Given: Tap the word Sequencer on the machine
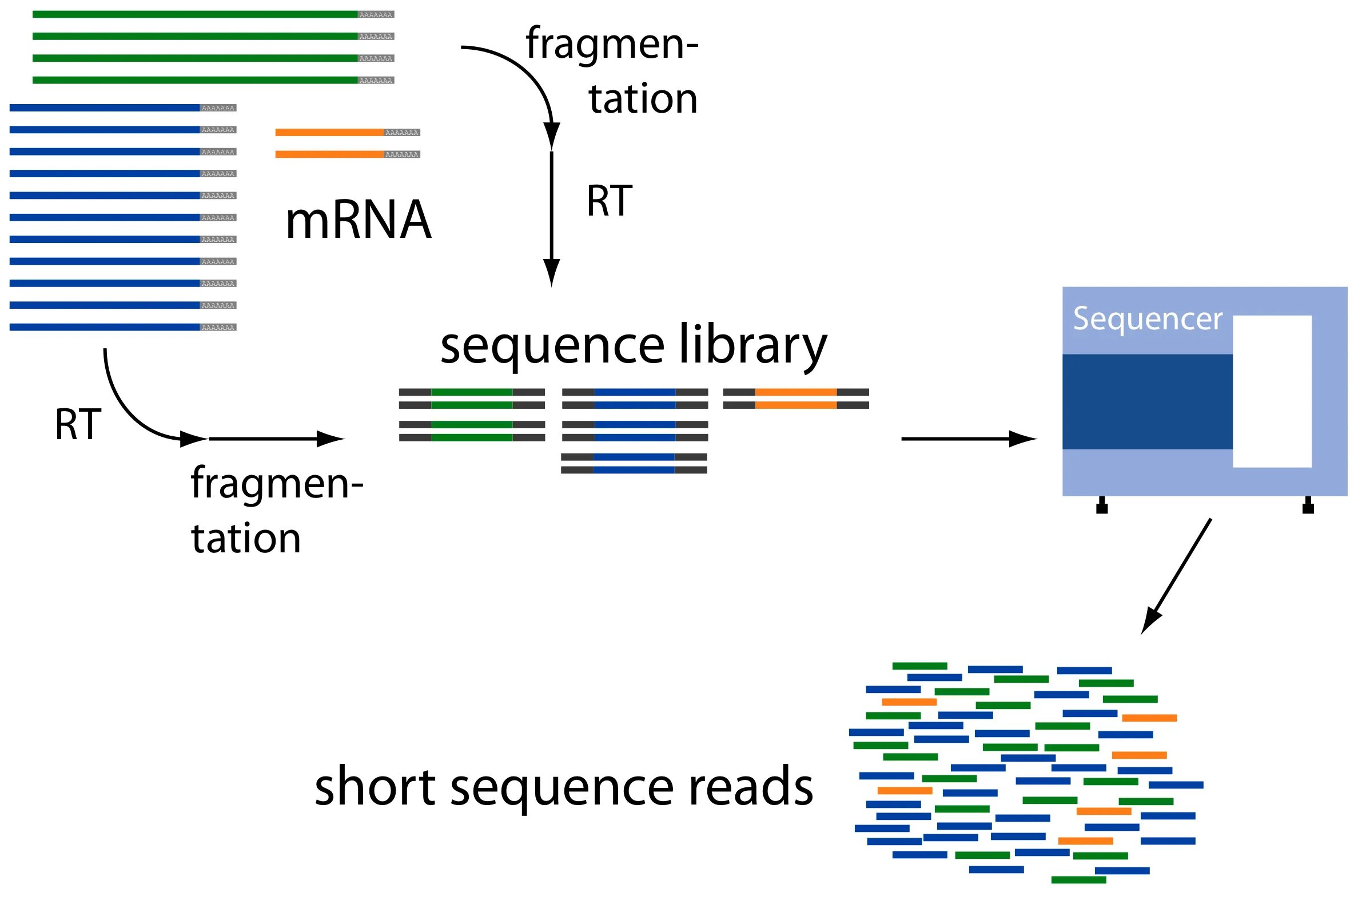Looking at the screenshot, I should pyautogui.click(x=1147, y=319).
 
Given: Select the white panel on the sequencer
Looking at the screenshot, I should pyautogui.click(x=1272, y=391).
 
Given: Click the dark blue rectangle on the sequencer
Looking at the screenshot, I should pyautogui.click(x=1146, y=401).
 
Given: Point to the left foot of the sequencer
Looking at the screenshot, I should pyautogui.click(x=1101, y=505).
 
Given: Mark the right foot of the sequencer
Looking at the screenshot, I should pyautogui.click(x=1308, y=505).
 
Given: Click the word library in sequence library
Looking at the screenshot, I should pyautogui.click(x=752, y=347).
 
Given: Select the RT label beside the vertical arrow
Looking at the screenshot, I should pyautogui.click(x=608, y=201).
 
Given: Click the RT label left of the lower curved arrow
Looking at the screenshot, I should pyautogui.click(x=78, y=424).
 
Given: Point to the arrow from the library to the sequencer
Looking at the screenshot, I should pyautogui.click(x=968, y=439).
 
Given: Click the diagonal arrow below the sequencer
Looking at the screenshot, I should pyautogui.click(x=1176, y=577).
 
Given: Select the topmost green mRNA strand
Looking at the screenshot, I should pyautogui.click(x=194, y=14).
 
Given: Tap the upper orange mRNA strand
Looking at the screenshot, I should pyautogui.click(x=329, y=133).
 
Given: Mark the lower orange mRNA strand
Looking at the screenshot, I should pyautogui.click(x=329, y=154).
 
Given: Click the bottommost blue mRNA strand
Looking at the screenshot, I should pyautogui.click(x=104, y=327).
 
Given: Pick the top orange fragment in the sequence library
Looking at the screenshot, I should pyautogui.click(x=796, y=392).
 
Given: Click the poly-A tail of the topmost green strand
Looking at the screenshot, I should pyautogui.click(x=376, y=14).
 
